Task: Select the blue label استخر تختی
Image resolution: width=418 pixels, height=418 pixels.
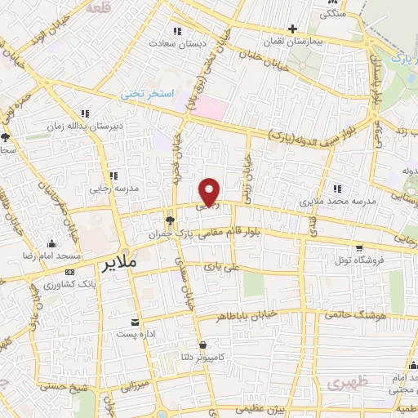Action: (x=148, y=94)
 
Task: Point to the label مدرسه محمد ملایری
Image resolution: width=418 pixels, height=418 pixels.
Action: (x=336, y=200)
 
